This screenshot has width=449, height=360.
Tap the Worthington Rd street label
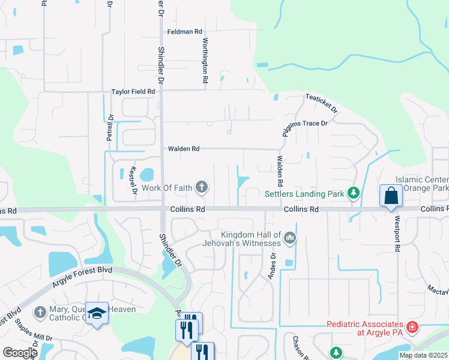205,60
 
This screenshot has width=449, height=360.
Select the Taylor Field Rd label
133,92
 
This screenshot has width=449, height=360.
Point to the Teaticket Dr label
321,103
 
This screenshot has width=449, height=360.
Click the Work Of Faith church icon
202,188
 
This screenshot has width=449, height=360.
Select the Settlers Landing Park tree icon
354,193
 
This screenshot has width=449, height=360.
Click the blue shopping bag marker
391,196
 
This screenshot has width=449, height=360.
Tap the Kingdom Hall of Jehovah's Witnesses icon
290,238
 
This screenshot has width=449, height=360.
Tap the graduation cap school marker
97,313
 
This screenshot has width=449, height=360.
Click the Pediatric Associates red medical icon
412,328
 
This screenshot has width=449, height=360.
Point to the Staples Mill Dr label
34,331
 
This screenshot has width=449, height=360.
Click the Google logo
20,353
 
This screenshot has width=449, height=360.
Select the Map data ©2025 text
423,355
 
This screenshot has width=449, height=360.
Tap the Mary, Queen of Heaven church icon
40,312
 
